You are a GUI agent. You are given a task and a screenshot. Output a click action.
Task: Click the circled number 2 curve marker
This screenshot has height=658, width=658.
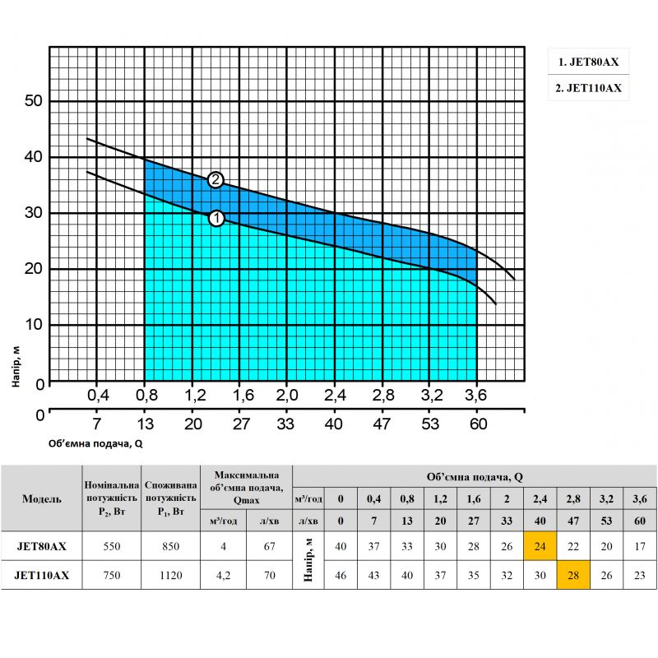click(215, 179)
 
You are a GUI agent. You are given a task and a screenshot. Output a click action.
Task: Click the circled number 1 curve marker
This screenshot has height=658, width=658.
click(216, 218)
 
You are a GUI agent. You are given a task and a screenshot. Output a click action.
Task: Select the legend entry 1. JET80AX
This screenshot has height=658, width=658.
click(588, 62)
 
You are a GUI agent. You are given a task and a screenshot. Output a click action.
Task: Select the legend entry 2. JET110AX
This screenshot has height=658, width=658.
click(588, 88)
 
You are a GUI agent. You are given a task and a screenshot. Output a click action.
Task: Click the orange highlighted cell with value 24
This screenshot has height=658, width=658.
click(540, 545)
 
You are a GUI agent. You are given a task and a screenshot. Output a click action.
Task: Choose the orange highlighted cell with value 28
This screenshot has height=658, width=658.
click(573, 576)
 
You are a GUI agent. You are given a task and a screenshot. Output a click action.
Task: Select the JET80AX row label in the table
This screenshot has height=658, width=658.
click(41, 545)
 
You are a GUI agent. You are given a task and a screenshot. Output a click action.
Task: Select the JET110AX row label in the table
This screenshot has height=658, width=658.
click(41, 576)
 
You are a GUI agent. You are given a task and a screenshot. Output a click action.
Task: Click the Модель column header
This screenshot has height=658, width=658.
click(41, 499)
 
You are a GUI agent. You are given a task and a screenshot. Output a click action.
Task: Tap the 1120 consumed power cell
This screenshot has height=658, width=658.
click(170, 576)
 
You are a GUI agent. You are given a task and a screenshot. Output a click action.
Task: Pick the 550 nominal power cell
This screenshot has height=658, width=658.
click(112, 545)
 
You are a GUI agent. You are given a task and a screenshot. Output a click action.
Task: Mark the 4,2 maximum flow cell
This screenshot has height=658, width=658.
click(223, 576)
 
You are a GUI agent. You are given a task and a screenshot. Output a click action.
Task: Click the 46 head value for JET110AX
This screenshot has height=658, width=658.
click(341, 576)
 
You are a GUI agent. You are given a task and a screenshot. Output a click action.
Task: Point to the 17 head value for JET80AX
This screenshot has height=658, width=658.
click(640, 545)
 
